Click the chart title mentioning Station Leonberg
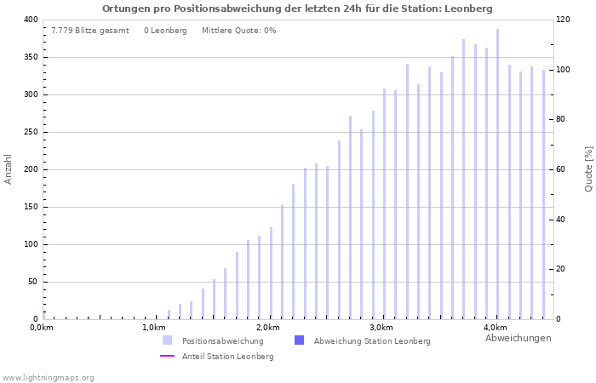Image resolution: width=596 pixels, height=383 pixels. (x=297, y=9)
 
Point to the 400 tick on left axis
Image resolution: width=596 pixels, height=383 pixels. (x=30, y=20)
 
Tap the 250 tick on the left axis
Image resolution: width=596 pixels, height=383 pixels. (x=30, y=132)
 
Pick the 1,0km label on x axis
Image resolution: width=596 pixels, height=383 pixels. (x=154, y=328)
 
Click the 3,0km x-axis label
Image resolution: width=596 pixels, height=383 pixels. (x=381, y=328)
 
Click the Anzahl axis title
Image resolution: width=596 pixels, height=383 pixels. (x=9, y=169)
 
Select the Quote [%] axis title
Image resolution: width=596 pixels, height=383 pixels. (x=588, y=169)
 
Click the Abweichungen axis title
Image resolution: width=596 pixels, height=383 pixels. (x=518, y=339)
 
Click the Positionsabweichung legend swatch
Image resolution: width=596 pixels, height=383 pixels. (x=168, y=340)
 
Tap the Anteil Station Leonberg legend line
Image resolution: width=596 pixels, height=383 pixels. (x=168, y=357)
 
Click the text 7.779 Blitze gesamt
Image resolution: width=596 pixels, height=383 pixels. (x=90, y=31)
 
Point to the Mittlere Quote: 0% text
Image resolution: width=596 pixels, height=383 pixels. (x=238, y=31)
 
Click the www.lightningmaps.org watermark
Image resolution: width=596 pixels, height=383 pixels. (x=49, y=378)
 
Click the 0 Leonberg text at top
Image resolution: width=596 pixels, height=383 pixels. (x=165, y=31)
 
